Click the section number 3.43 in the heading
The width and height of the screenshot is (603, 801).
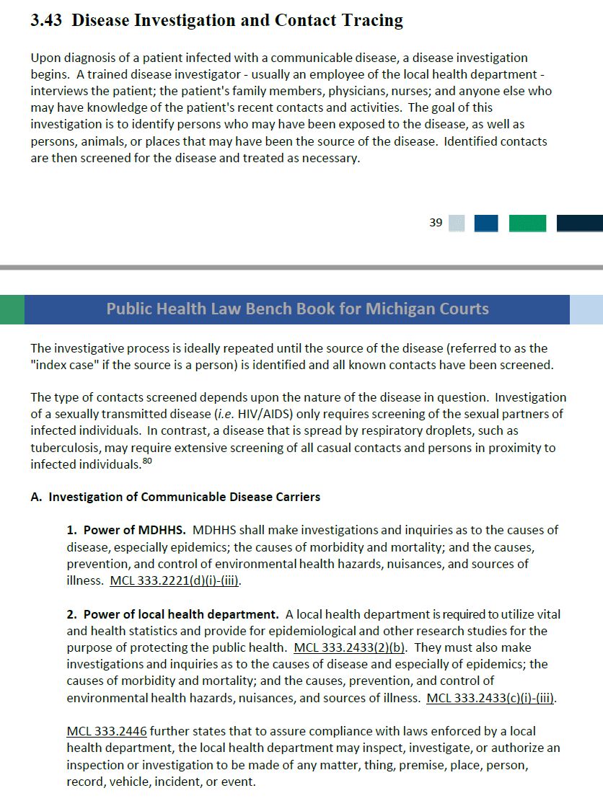click(x=48, y=21)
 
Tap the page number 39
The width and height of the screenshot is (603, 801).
click(x=436, y=223)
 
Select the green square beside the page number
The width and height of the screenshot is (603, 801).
click(x=527, y=224)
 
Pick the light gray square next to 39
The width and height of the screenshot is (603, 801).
click(x=457, y=224)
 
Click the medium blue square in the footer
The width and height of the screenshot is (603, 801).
click(x=486, y=224)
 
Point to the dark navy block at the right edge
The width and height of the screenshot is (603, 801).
click(x=579, y=224)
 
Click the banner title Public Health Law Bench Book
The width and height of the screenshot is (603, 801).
click(x=297, y=309)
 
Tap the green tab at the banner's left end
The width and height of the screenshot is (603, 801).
click(x=12, y=309)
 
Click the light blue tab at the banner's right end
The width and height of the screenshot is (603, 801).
click(x=586, y=309)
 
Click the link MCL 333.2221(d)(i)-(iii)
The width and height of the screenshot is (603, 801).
click(x=175, y=580)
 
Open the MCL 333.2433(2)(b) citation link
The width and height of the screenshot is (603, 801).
click(x=349, y=647)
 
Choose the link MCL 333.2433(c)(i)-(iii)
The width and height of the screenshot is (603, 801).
click(x=491, y=698)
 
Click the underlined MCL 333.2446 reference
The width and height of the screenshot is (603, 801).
click(x=107, y=731)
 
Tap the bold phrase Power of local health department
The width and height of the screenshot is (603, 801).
click(x=181, y=614)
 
